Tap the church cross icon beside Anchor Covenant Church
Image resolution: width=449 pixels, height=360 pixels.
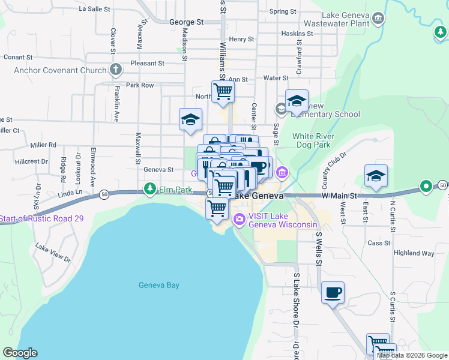(x=116, y=70)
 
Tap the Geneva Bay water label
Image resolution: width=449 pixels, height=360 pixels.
(x=158, y=285)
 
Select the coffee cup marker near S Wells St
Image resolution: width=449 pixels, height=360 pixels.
(x=333, y=293)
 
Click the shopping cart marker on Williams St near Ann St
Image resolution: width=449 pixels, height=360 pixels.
(x=223, y=91)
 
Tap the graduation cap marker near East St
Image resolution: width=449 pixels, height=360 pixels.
(x=376, y=175)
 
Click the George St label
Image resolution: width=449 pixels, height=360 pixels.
(x=187, y=22)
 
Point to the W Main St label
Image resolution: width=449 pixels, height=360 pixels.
(x=339, y=196)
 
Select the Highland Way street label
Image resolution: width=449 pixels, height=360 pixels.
(x=414, y=253)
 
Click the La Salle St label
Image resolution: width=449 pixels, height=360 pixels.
(x=95, y=9)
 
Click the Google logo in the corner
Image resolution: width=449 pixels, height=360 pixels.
(x=20, y=353)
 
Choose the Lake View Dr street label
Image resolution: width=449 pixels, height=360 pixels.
(x=53, y=253)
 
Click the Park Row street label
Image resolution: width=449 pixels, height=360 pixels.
(x=140, y=85)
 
